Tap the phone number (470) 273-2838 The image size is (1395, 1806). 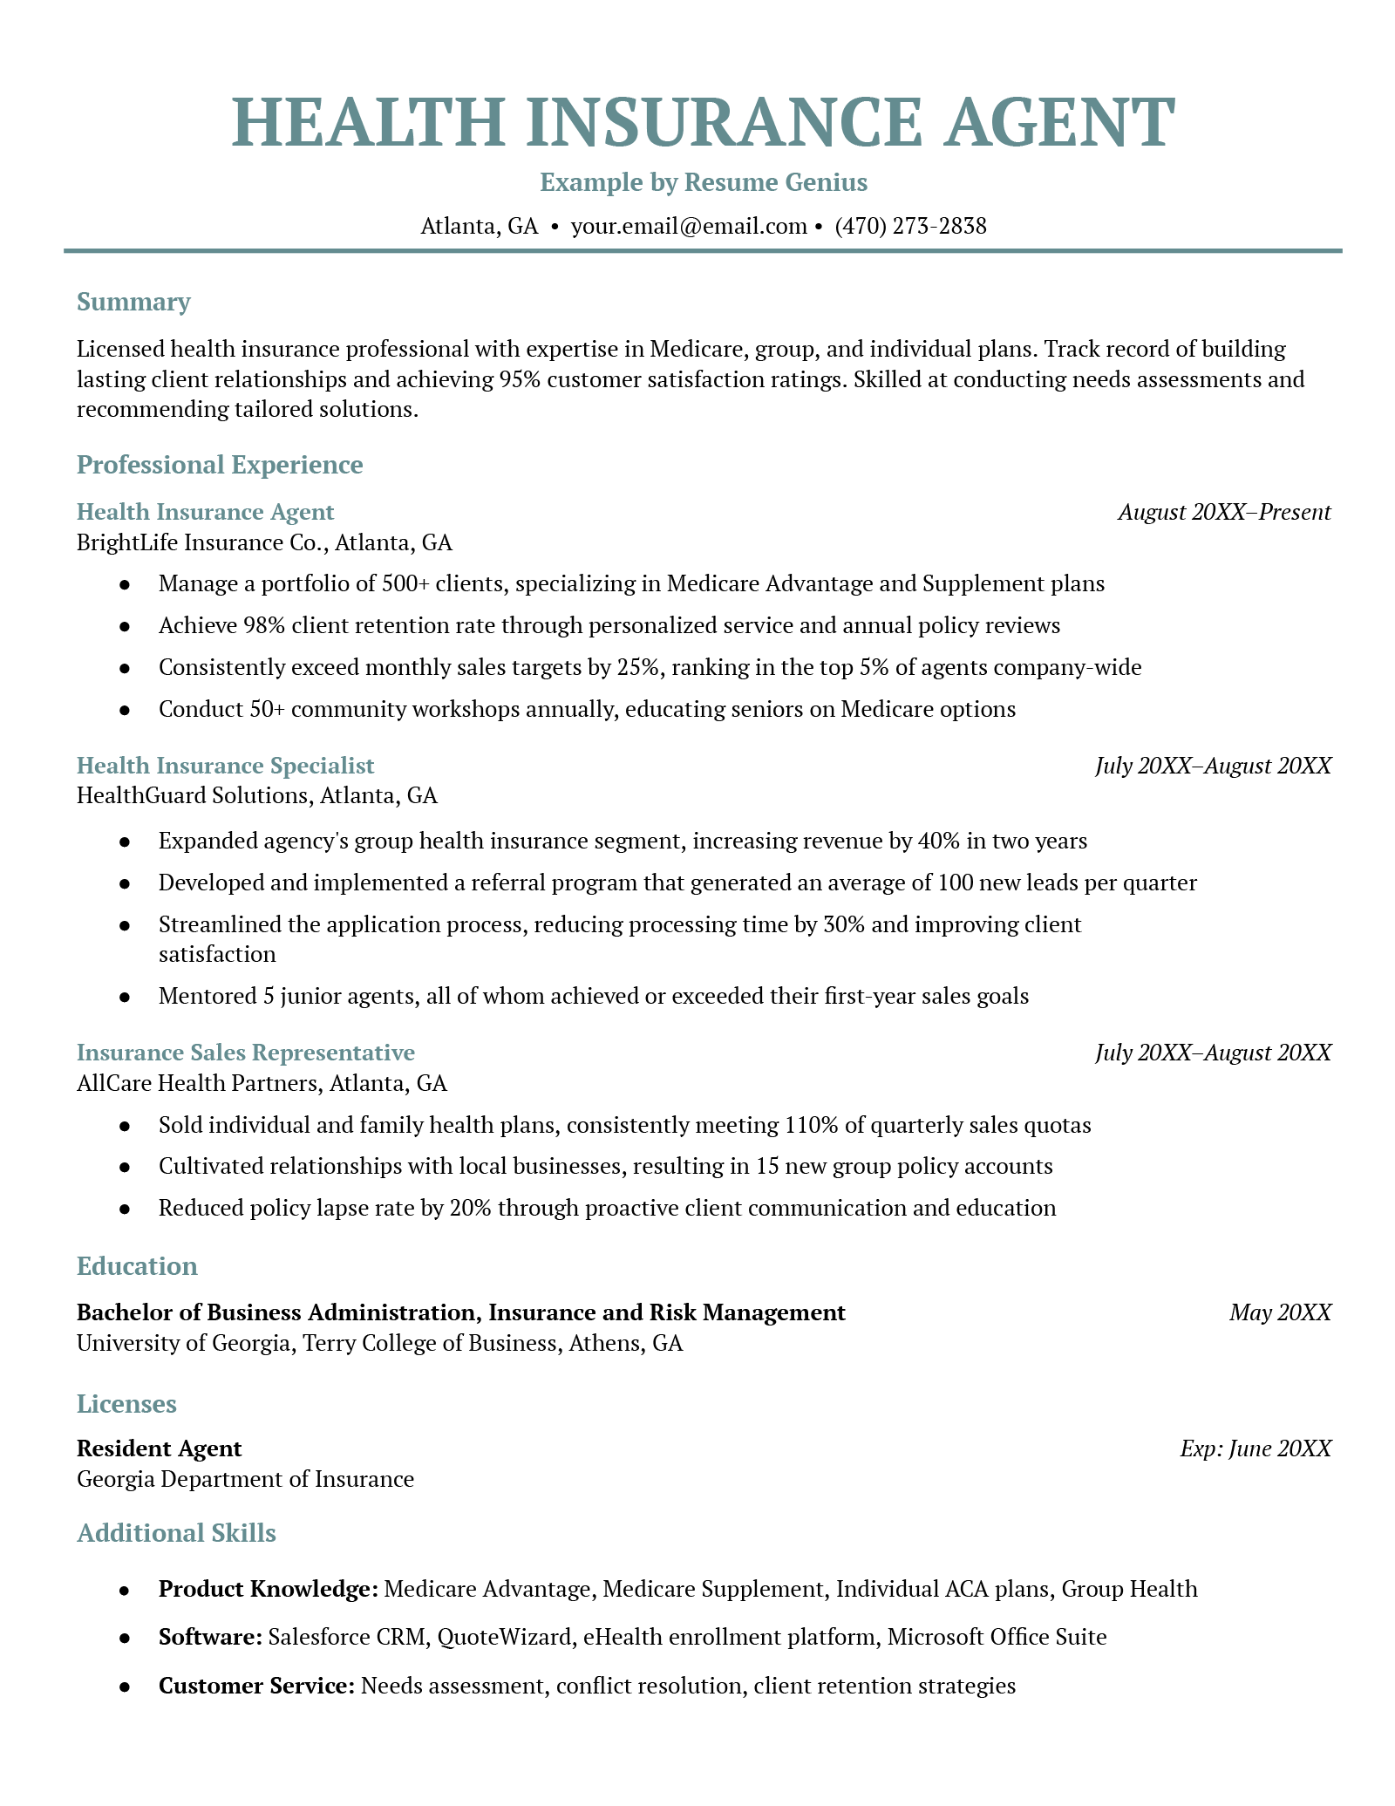tap(910, 227)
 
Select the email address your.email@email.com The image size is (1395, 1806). tap(689, 227)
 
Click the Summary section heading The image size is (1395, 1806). tap(133, 302)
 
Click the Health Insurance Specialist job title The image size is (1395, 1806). tap(225, 766)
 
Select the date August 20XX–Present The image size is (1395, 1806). tap(1224, 512)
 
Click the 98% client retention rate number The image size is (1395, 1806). tap(243, 625)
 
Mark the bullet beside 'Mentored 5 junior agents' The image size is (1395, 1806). tap(126, 996)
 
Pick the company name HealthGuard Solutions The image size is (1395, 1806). tap(193, 795)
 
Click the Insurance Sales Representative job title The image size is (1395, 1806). tap(245, 1053)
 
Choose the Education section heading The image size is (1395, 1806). tap(137, 1266)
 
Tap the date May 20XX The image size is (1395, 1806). tap(1280, 1312)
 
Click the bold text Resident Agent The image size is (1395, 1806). tap(159, 1448)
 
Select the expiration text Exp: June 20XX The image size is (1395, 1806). tap(1255, 1448)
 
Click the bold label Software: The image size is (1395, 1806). tap(210, 1637)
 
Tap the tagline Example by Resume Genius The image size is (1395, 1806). tap(704, 182)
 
